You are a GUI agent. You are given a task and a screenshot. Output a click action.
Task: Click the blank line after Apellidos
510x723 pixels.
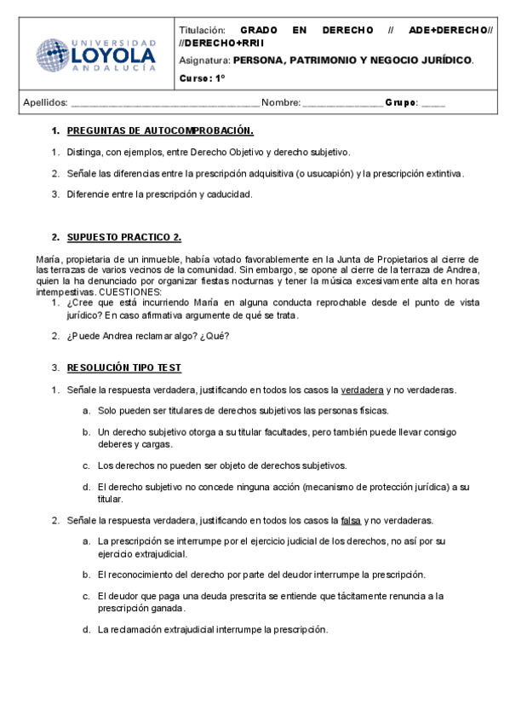(x=164, y=103)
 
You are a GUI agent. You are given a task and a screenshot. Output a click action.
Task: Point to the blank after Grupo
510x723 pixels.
(x=433, y=103)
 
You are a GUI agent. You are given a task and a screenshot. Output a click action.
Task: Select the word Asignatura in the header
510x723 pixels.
(x=205, y=61)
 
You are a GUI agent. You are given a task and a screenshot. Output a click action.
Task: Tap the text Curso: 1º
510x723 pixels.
(x=202, y=79)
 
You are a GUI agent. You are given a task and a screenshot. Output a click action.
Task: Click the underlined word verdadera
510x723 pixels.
(x=362, y=390)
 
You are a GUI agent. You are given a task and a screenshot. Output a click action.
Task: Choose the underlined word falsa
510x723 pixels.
(x=351, y=520)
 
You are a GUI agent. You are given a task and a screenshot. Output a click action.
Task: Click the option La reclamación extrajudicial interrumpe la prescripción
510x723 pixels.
(x=212, y=630)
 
